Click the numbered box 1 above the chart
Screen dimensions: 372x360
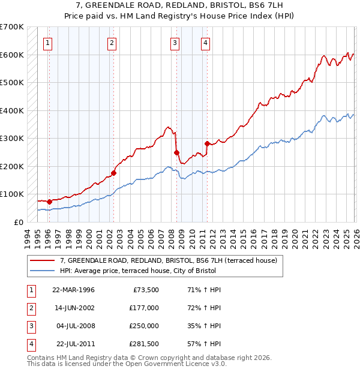pos(47,43)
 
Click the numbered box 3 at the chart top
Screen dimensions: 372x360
pos(174,43)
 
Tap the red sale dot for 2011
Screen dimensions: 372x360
pos(207,143)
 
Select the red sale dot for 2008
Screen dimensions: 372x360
pos(176,152)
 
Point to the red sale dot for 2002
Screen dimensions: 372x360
pos(113,173)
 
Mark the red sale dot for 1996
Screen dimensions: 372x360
pos(49,202)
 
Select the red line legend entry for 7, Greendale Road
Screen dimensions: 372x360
pos(168,261)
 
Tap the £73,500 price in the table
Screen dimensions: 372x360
pos(143,290)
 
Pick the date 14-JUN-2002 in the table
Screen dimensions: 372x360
pos(74,308)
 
